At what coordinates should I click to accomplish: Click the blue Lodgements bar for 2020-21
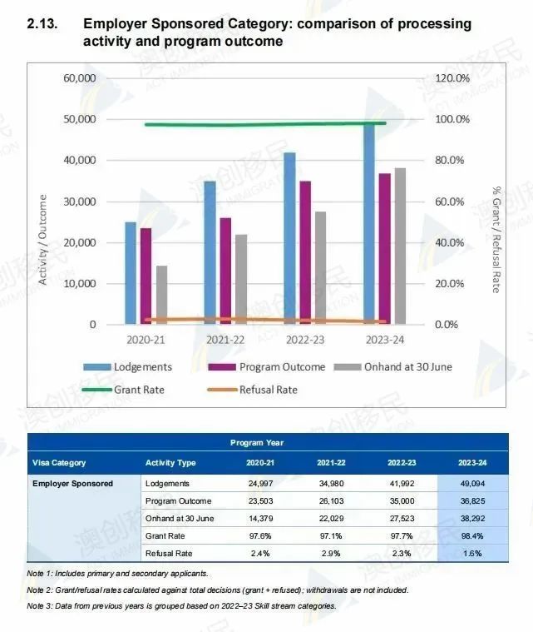pos(131,272)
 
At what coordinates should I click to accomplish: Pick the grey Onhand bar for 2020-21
pos(161,294)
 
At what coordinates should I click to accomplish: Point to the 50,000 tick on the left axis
pos(76,119)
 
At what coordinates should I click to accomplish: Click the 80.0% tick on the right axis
pos(453,160)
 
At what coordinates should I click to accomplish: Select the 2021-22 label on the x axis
pos(225,340)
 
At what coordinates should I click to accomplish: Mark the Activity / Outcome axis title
pos(42,239)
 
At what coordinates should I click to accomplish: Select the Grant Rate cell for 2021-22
pos(331,535)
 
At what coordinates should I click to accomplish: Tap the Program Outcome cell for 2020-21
pos(260,500)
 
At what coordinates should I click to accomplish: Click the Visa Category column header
pos(59,462)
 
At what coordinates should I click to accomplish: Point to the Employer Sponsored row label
pos(72,483)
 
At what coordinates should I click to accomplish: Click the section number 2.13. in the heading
pos(43,24)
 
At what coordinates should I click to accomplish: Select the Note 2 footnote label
pos(42,590)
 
